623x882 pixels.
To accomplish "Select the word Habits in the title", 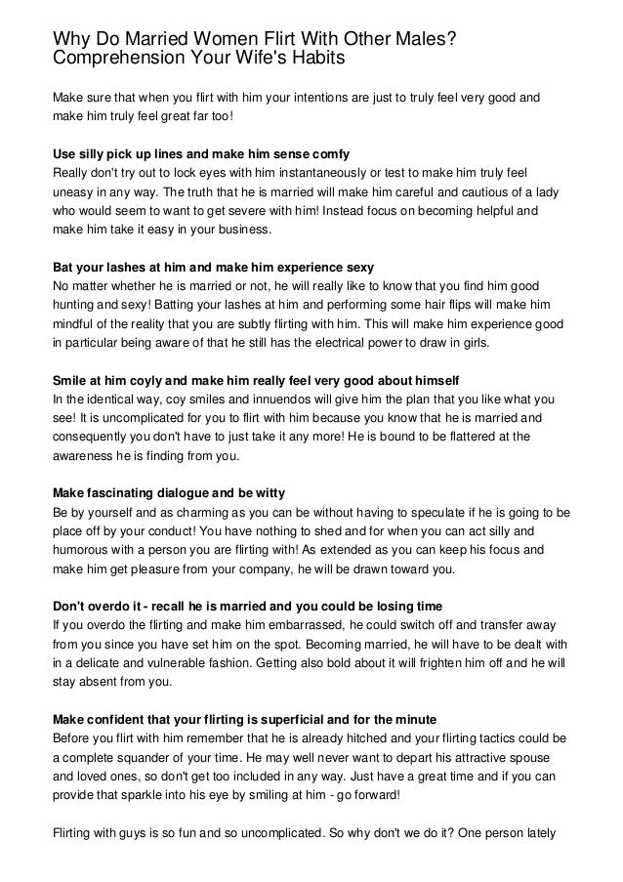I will pos(317,58).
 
